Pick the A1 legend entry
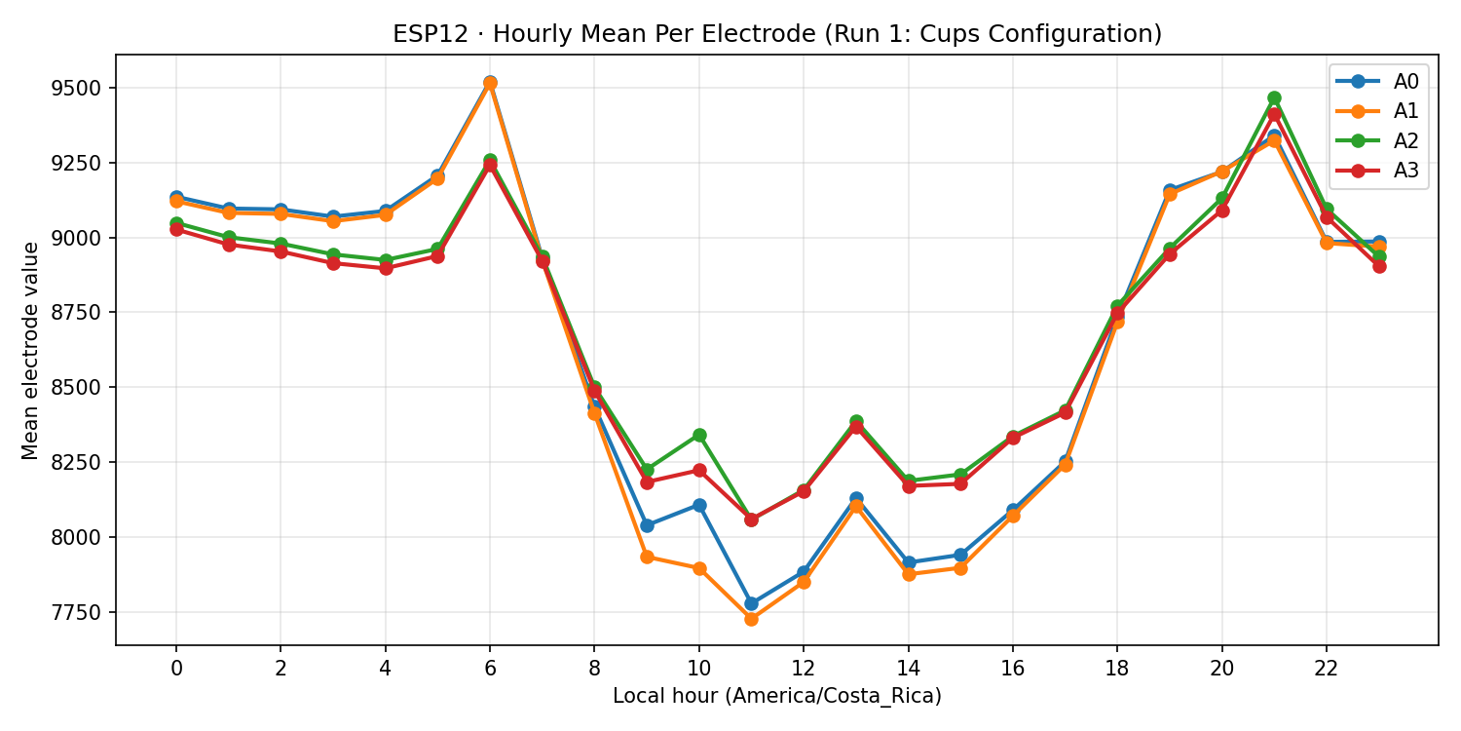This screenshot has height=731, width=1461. pos(1377,111)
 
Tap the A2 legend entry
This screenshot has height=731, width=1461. pos(1377,141)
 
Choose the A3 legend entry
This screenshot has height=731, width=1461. pos(1377,171)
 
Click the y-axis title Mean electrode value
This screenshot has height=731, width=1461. pos(31,350)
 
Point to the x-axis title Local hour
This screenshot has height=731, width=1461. pos(776,696)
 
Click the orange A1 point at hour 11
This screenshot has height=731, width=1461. pos(751,619)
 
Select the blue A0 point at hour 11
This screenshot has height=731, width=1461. pos(751,603)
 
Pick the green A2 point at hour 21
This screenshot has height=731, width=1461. pos(1274,98)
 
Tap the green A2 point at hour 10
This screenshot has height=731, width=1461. pos(699,435)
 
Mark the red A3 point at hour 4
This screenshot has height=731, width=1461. pos(386,268)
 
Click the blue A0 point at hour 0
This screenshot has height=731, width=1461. pos(176,197)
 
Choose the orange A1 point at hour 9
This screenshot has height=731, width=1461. pos(647,557)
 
